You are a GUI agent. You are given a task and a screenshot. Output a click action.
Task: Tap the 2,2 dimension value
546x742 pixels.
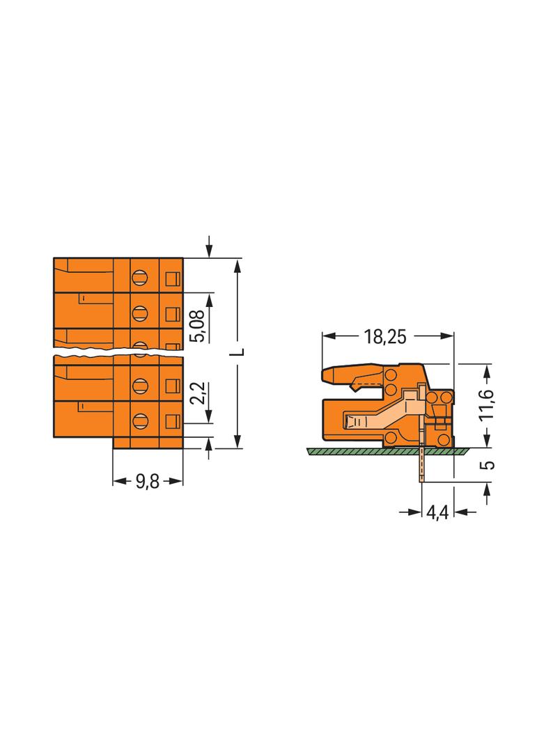point(198,392)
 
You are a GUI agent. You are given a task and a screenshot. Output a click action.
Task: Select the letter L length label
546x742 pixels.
point(238,352)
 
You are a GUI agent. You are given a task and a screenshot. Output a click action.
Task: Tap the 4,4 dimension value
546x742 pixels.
point(437,513)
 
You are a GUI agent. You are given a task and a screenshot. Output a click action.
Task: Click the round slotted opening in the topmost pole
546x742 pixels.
point(140,276)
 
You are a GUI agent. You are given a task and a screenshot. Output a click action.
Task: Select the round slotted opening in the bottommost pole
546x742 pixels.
point(140,420)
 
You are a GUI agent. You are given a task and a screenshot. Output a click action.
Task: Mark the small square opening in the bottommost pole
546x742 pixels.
point(172,420)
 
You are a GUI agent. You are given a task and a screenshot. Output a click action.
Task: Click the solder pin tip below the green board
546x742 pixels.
point(421,479)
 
